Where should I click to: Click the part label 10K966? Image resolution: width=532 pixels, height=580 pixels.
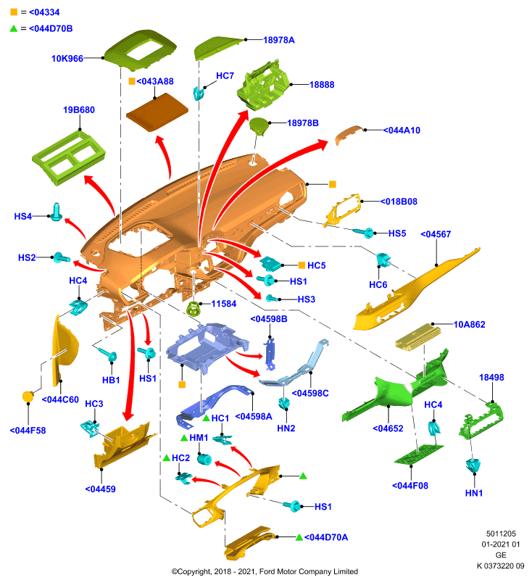(x=67, y=59)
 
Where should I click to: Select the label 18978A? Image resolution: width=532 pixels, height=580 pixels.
(x=279, y=40)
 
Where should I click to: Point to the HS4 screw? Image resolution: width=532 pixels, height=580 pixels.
(x=57, y=212)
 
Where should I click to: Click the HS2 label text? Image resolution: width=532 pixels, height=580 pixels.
(x=27, y=257)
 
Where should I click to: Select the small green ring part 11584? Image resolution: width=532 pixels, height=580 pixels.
(x=194, y=309)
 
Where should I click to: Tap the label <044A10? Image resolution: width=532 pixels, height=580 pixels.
(x=402, y=130)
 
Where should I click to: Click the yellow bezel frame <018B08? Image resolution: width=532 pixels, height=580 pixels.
(x=343, y=210)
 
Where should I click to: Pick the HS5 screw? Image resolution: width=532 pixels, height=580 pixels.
(x=364, y=232)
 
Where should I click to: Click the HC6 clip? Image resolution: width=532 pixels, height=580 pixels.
(x=383, y=260)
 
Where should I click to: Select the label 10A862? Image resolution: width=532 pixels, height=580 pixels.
(x=469, y=324)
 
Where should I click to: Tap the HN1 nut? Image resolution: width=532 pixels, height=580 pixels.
(x=473, y=465)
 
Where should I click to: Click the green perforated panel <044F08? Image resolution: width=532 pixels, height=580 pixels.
(x=419, y=455)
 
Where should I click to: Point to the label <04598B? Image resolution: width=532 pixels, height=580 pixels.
(x=269, y=319)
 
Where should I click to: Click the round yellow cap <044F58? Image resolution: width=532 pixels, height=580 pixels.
(x=28, y=397)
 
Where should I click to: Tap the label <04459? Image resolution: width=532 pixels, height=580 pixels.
(x=101, y=489)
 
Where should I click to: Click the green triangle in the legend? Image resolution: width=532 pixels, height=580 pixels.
(x=14, y=28)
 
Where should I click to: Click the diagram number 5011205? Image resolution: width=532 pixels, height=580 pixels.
(x=501, y=534)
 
